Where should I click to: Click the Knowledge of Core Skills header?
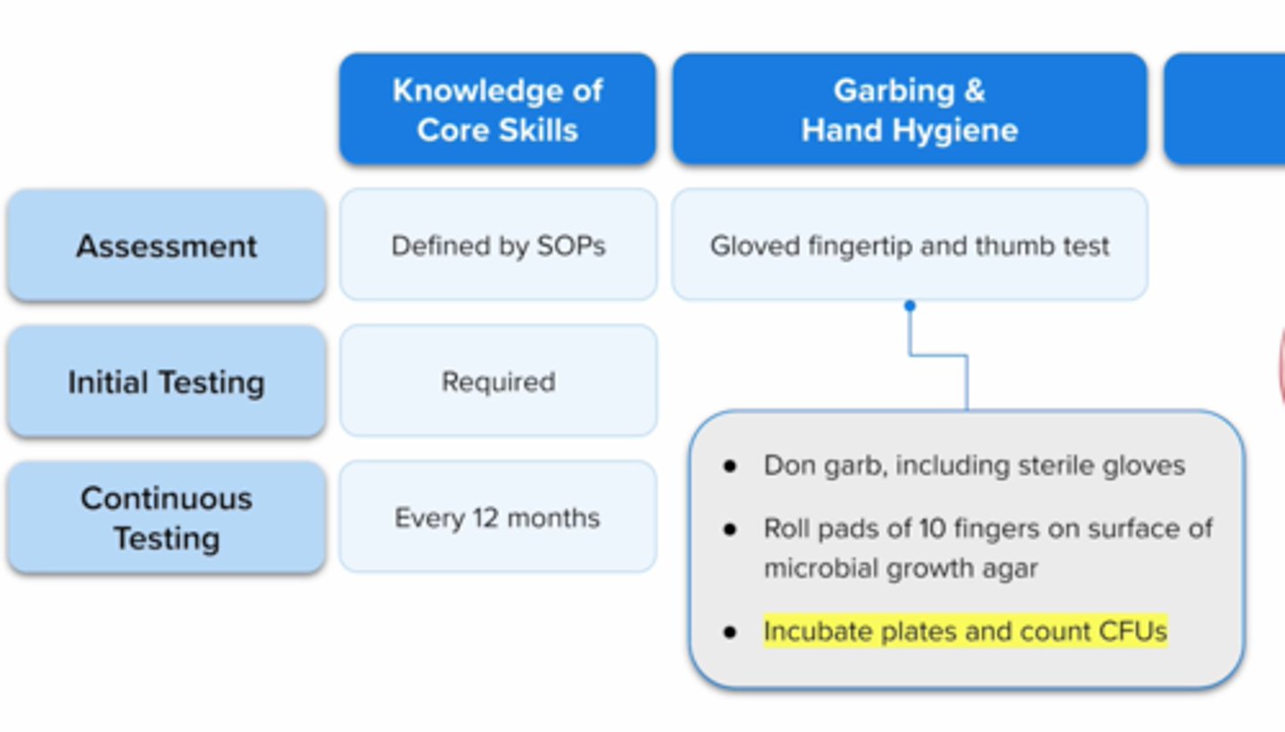click(x=497, y=109)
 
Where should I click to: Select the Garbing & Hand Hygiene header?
click(x=908, y=109)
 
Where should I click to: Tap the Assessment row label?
click(x=166, y=245)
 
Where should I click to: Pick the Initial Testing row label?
click(x=166, y=382)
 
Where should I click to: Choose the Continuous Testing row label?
click(x=166, y=518)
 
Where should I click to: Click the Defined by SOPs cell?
click(x=498, y=245)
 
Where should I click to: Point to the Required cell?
click(x=498, y=382)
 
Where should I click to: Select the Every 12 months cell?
click(x=498, y=518)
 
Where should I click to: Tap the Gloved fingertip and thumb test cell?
click(x=908, y=245)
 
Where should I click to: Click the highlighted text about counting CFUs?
click(x=965, y=631)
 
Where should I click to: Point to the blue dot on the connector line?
click(x=909, y=306)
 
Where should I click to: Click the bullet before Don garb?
click(x=731, y=466)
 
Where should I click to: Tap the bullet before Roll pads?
click(x=731, y=529)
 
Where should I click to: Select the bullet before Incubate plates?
click(x=731, y=632)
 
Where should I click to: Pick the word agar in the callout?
click(x=1012, y=569)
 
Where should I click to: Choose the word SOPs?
click(x=572, y=245)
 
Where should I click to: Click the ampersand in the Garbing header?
click(x=974, y=90)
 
